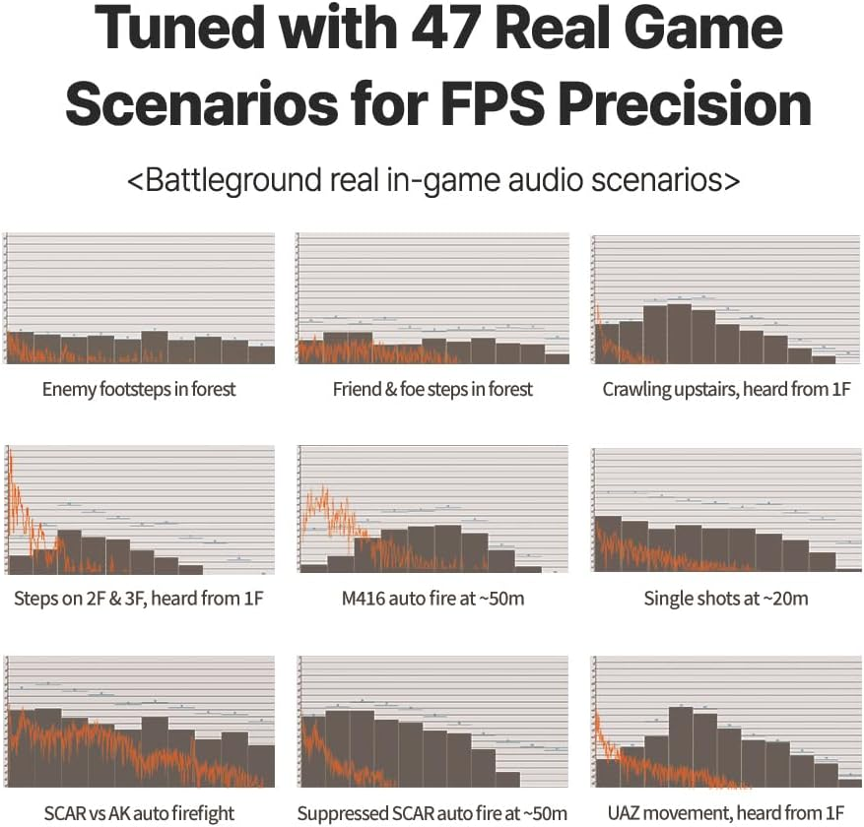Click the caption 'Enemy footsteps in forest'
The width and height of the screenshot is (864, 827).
pos(139,389)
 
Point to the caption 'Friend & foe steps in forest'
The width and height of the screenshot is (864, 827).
pos(432,389)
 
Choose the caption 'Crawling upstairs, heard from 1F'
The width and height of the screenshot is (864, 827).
pos(726,389)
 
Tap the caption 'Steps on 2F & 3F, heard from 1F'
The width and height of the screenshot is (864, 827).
pos(139,599)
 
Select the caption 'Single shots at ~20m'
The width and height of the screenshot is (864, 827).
pos(726,599)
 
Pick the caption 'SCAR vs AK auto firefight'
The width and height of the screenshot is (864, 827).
pos(139,813)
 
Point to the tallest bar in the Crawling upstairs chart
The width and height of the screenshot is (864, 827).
pos(679,335)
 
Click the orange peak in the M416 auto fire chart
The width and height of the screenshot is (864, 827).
pos(317,492)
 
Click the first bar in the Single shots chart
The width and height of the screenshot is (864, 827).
pos(608,543)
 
